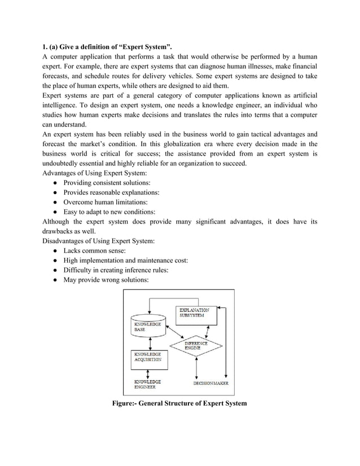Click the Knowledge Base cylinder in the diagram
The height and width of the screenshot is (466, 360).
[x=148, y=327]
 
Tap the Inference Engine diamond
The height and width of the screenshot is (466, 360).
[x=196, y=345]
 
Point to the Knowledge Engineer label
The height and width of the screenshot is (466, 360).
[x=147, y=385]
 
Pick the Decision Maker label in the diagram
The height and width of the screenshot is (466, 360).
[x=210, y=383]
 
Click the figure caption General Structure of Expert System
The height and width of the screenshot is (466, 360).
[x=179, y=404]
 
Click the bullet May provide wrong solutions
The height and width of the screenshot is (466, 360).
[x=106, y=280]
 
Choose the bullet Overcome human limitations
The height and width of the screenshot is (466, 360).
[x=106, y=202]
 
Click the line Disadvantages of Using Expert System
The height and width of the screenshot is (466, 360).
[x=99, y=240]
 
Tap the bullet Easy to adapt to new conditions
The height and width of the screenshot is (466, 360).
[x=109, y=212]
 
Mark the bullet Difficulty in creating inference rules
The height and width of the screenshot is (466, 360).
[x=116, y=270]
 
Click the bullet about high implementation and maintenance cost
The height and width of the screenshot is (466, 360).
[x=125, y=260]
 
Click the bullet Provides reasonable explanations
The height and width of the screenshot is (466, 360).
[x=111, y=192]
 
